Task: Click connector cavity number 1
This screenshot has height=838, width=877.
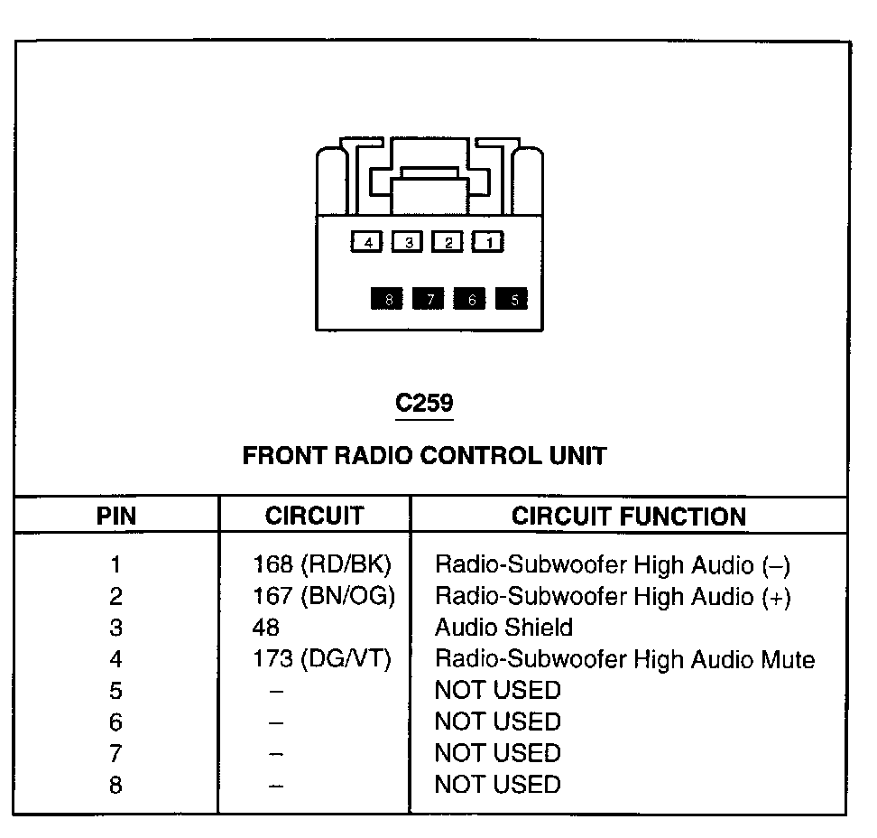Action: [x=488, y=242]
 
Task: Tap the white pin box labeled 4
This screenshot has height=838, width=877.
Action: [x=366, y=242]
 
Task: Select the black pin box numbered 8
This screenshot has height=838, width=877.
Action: [x=386, y=299]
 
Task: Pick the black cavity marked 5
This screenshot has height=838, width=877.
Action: [x=512, y=299]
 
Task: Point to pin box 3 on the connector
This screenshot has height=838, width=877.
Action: [x=407, y=242]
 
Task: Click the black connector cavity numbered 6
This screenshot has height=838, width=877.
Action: [x=469, y=299]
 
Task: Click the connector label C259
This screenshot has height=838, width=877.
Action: [x=425, y=403]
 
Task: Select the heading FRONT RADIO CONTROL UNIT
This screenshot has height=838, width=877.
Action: [x=425, y=456]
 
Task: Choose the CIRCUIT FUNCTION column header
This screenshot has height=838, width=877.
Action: [x=629, y=517]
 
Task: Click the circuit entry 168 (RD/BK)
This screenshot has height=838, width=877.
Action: [x=322, y=564]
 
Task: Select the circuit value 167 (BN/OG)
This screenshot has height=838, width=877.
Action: [x=324, y=596]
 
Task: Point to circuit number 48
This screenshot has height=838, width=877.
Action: [x=265, y=628]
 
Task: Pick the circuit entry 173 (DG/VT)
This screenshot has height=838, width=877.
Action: [x=322, y=659]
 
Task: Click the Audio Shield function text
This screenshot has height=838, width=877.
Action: [x=504, y=628]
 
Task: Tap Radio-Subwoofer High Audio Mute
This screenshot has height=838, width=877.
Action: [x=624, y=659]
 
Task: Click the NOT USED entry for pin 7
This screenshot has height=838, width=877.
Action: [x=498, y=753]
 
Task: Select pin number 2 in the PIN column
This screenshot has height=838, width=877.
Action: [x=115, y=596]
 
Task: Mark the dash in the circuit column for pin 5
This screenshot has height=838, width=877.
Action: [x=276, y=692]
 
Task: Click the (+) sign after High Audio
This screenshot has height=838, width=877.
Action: [x=776, y=597]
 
